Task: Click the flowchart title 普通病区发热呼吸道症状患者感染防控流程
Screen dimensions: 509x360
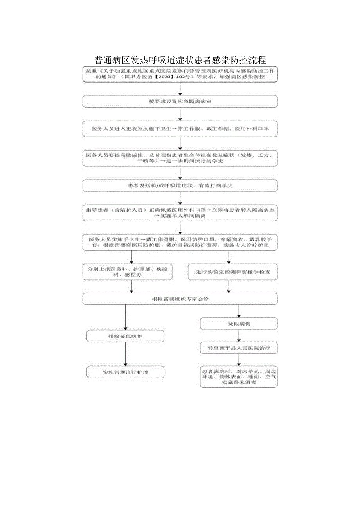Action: click(x=180, y=60)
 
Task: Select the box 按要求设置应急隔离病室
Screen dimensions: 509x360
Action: click(x=180, y=101)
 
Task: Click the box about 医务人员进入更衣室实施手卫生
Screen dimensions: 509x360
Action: click(x=180, y=129)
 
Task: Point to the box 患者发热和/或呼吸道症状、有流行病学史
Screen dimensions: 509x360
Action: click(x=180, y=185)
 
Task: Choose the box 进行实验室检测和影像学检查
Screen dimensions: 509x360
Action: click(x=232, y=272)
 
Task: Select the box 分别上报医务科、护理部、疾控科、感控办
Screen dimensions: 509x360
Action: click(x=128, y=272)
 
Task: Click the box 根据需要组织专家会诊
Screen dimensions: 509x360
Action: click(x=180, y=299)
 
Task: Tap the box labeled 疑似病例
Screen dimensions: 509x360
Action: click(x=239, y=324)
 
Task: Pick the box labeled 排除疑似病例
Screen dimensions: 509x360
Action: click(x=125, y=336)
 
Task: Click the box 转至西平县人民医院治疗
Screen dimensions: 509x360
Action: click(x=239, y=347)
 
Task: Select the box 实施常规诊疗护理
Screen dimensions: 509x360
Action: click(x=125, y=372)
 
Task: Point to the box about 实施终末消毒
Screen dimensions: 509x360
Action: click(x=239, y=377)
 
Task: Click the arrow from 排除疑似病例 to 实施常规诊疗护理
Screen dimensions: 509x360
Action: click(x=125, y=354)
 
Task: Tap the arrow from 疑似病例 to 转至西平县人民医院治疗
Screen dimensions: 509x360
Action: click(x=239, y=336)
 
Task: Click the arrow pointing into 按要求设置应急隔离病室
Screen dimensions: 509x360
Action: click(x=180, y=89)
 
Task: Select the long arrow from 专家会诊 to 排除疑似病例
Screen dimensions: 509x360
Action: click(x=125, y=317)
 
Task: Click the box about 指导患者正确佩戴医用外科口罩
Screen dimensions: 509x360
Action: click(x=180, y=212)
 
